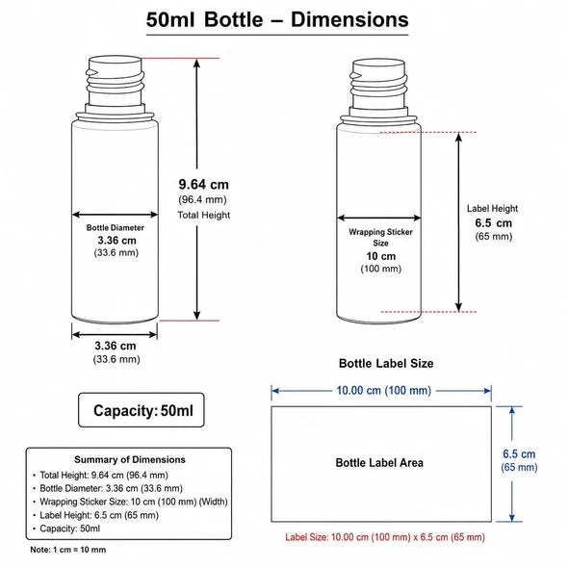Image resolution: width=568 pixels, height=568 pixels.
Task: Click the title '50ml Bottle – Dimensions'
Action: [277, 19]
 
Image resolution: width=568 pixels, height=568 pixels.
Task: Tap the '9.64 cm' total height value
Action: [203, 185]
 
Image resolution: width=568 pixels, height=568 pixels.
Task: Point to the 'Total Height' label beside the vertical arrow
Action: [203, 215]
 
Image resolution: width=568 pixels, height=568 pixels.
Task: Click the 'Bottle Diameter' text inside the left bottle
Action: [116, 228]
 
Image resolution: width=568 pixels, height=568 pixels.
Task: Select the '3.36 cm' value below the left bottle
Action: [116, 346]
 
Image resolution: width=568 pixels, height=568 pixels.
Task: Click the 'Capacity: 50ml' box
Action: [142, 410]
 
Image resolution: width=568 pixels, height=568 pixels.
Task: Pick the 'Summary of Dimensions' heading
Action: [130, 459]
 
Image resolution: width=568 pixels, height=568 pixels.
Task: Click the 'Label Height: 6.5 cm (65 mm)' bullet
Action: [99, 515]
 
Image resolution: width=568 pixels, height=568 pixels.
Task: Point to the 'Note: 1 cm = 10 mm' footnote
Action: [68, 550]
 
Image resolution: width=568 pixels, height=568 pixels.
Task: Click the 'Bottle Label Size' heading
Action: [386, 363]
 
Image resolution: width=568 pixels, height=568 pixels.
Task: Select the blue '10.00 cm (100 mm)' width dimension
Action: [383, 391]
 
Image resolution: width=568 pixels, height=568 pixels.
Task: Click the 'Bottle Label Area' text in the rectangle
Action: [379, 463]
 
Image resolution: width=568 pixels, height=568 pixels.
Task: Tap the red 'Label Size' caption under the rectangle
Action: [385, 537]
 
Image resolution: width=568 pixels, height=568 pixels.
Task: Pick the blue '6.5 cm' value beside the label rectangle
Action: [519, 453]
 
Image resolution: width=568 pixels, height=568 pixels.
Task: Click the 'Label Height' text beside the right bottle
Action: [492, 209]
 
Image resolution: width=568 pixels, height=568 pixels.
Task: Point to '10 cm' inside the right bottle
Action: [380, 256]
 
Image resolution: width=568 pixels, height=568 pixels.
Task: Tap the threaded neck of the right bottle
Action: [378, 84]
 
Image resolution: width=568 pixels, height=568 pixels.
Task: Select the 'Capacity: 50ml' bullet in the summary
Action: [69, 529]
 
